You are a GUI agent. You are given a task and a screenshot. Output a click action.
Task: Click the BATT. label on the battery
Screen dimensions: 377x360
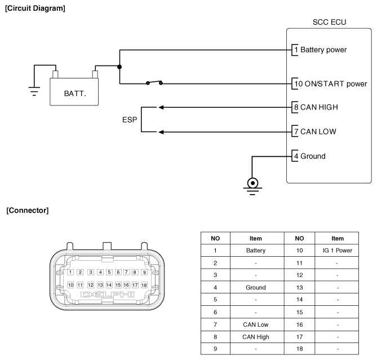(75, 94)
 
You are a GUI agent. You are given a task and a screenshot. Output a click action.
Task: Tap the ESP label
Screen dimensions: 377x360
(130, 120)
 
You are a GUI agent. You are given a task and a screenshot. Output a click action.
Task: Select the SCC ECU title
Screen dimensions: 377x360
(329, 22)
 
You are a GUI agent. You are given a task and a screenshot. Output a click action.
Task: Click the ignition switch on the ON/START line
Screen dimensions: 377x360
(154, 82)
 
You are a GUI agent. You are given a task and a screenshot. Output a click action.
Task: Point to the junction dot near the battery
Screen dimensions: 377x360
(119, 67)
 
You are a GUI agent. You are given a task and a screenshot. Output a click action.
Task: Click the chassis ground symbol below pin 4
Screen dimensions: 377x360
(252, 186)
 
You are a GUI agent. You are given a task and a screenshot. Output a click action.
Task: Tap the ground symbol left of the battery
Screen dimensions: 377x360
(34, 91)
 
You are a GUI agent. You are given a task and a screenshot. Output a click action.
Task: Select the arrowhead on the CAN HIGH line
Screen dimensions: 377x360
(161, 107)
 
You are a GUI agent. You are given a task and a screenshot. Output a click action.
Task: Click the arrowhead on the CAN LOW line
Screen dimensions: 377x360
(161, 132)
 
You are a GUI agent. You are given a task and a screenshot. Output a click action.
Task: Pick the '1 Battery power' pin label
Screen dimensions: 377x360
(321, 50)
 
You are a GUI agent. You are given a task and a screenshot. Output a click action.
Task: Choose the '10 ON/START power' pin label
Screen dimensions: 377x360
(331, 84)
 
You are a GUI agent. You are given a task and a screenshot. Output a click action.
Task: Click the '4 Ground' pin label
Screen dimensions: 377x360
(310, 156)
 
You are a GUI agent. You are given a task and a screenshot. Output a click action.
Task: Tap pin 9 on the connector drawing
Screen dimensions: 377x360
(144, 273)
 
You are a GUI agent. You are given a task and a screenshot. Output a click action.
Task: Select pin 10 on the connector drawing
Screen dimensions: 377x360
(70, 285)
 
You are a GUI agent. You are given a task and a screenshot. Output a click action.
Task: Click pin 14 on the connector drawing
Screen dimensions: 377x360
(109, 285)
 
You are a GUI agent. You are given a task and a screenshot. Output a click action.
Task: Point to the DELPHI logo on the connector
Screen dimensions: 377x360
(108, 295)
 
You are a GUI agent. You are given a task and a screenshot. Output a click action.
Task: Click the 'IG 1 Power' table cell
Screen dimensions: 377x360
(337, 251)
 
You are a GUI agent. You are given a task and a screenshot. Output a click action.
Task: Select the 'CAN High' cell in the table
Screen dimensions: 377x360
(256, 337)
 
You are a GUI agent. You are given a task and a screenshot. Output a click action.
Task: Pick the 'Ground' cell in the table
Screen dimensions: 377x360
(256, 287)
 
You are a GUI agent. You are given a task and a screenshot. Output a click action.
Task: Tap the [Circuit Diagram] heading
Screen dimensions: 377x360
(35, 8)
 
